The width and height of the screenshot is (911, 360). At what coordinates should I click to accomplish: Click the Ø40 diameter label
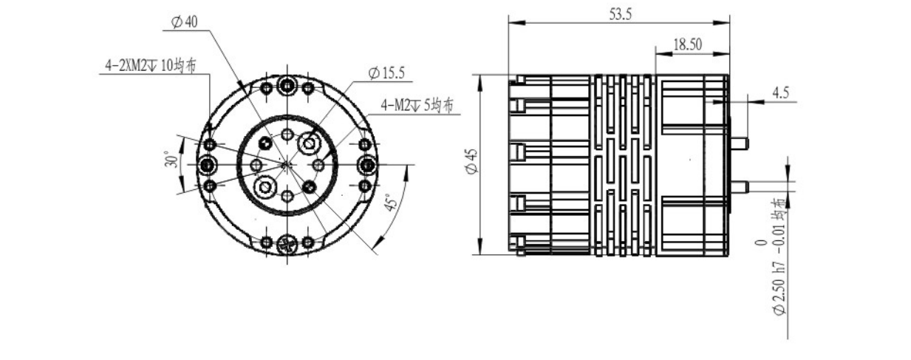coord(185,21)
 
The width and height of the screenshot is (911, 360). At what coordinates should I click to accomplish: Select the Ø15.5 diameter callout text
coord(386,73)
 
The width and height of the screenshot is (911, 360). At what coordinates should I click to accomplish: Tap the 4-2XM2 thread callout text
coord(151,66)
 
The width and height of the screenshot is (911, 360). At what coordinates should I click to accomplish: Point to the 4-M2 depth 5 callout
coord(417,106)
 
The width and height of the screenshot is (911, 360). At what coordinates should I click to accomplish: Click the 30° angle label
coord(171,159)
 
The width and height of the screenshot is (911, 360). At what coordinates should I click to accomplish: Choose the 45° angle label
coord(390,202)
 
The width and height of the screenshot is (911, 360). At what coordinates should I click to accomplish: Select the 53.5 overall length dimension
coord(621,15)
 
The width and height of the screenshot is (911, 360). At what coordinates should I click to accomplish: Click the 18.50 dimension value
coord(688,44)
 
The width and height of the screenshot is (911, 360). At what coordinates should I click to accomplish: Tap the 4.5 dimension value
coord(780,92)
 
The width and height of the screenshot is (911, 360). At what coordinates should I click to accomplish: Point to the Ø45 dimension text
coord(472,161)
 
